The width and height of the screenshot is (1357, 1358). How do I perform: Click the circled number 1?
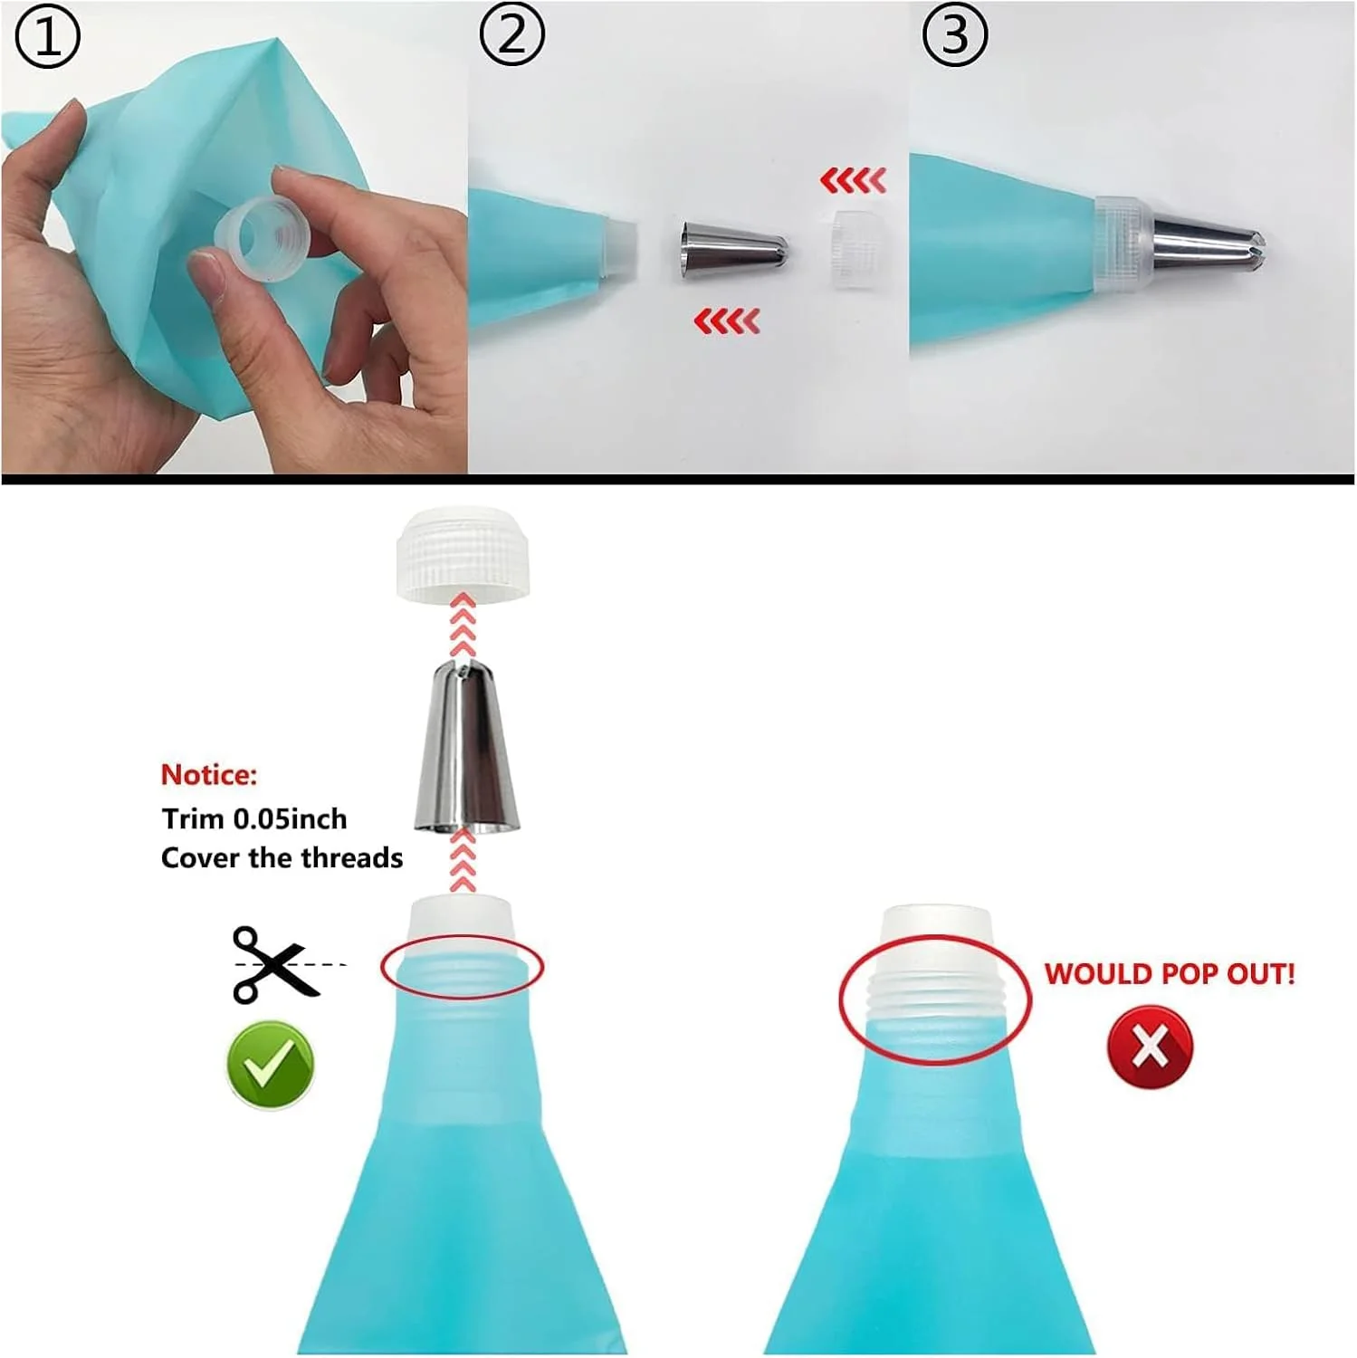pos(48,37)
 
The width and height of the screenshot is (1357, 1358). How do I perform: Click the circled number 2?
pos(511,35)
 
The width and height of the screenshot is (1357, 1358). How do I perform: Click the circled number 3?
pos(954,35)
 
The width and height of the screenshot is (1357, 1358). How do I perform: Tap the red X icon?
pos(1150,1047)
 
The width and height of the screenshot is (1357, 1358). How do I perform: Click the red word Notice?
pos(209,775)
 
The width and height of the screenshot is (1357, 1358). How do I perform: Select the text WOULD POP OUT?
pos(1170,974)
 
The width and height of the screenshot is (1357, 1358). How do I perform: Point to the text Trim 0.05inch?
pos(254,818)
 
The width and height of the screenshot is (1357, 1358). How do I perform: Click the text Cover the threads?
pos(282,857)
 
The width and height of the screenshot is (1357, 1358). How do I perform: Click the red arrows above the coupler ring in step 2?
pos(853,180)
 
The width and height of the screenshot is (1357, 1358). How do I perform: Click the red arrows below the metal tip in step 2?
pos(727,320)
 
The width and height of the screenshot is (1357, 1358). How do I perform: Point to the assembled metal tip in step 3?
pos(1209,247)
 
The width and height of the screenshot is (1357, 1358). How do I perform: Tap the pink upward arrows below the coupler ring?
pos(463,624)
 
